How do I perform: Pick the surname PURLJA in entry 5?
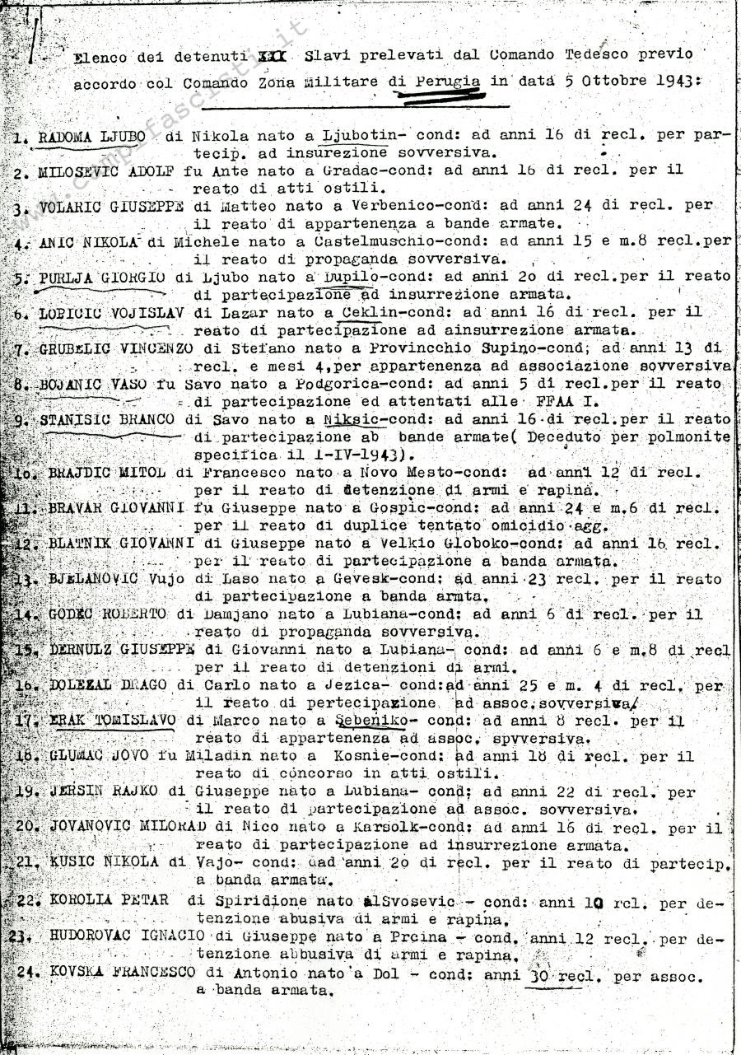[x=67, y=278]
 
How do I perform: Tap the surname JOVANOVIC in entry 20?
[x=88, y=827]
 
